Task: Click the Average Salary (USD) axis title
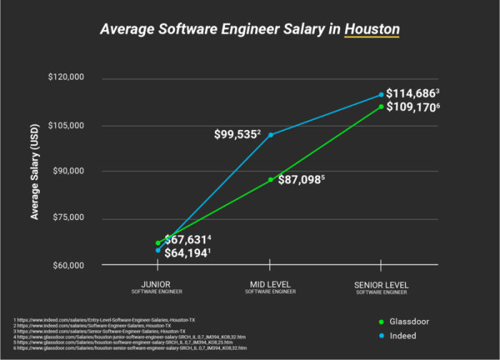tap(35, 172)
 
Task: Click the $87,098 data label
tap(301, 180)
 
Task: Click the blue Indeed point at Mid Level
tap(271, 135)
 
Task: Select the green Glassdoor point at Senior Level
tap(381, 106)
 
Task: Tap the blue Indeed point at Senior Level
tap(381, 94)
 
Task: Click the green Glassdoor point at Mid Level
tap(271, 180)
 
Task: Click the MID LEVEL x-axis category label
tap(271, 285)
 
